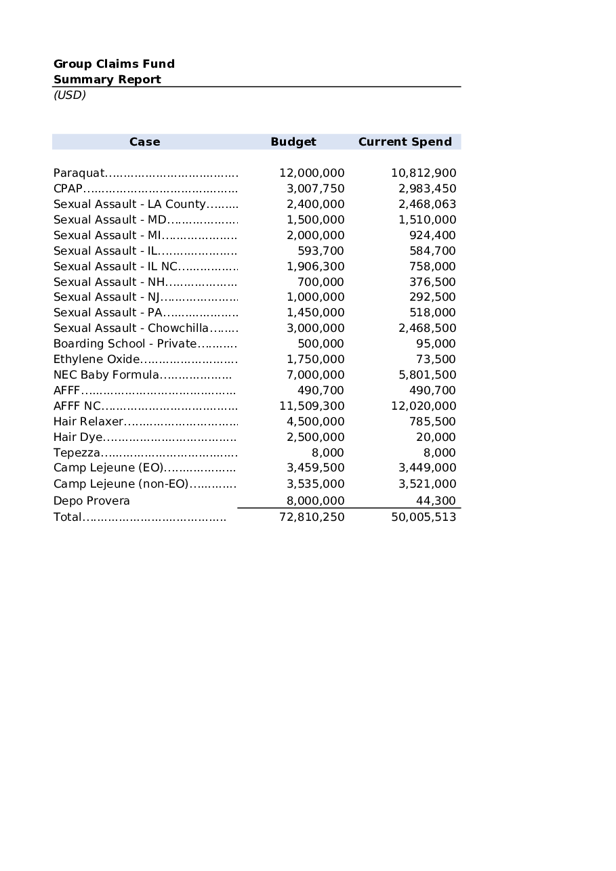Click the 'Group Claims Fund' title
[114, 64]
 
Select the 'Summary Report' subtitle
[107, 79]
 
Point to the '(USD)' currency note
[70, 95]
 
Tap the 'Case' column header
[144, 142]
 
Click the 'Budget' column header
[293, 142]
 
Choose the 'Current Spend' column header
[405, 142]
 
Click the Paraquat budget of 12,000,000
[312, 173]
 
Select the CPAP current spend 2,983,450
[427, 188]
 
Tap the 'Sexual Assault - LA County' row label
[129, 204]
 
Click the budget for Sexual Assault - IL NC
[315, 266]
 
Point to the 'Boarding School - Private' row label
[125, 343]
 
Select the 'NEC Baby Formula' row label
[106, 375]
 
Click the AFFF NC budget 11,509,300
[312, 406]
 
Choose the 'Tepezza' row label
[77, 452]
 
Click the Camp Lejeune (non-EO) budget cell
[315, 484]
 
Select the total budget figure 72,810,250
[312, 517]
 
